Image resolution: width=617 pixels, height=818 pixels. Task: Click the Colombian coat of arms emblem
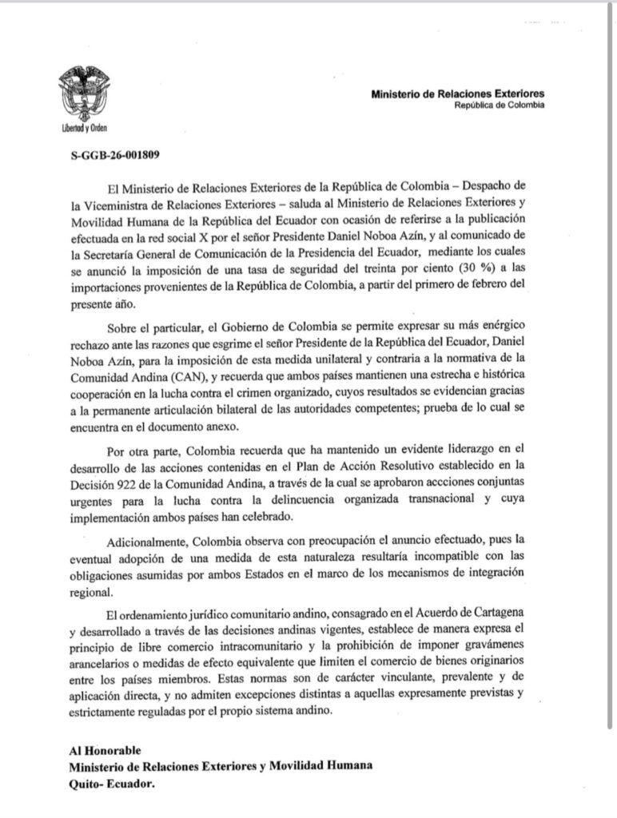click(84, 93)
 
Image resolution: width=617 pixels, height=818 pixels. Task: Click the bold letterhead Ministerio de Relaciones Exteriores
click(458, 94)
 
